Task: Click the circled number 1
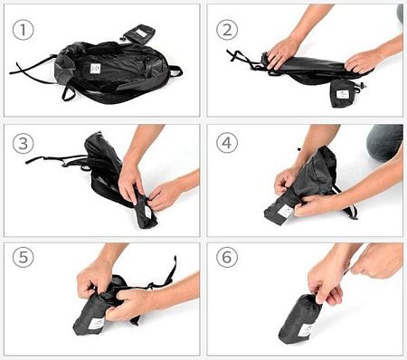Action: coord(23,30)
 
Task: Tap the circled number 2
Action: coord(227,30)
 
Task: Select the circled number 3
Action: coord(23,144)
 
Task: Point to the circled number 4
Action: coord(227,143)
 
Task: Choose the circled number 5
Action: coord(23,257)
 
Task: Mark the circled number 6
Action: coord(227,257)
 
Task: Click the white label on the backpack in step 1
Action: coord(95,69)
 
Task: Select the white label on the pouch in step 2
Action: coord(342,95)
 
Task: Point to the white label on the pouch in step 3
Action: coord(147,212)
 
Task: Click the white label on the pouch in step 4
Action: coord(285,212)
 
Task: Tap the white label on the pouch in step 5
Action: coord(97,324)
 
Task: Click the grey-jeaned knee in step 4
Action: coord(384,143)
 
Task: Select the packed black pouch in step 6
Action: coord(300,319)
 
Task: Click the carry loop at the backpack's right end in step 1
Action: coord(176,71)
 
